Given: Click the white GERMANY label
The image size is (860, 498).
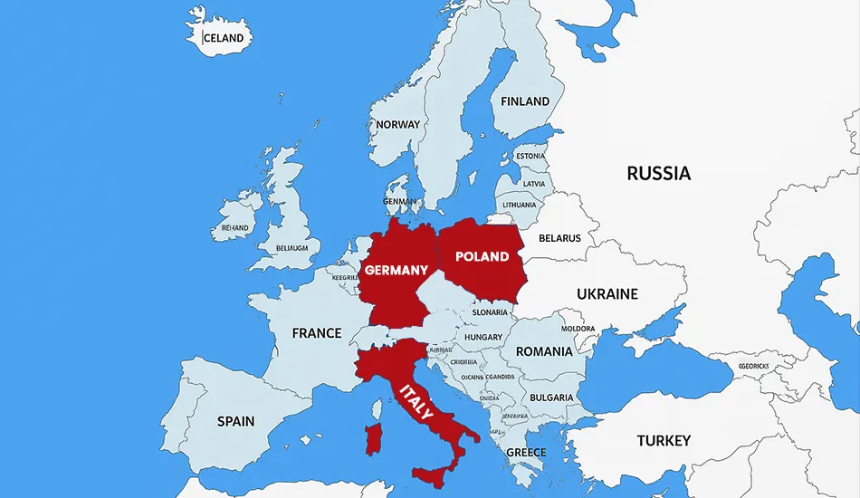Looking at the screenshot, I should pyautogui.click(x=396, y=270).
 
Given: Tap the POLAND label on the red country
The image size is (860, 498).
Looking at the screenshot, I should pyautogui.click(x=482, y=256).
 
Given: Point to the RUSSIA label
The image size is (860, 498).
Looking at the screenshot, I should pyautogui.click(x=658, y=173).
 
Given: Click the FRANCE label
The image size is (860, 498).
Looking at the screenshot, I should pyautogui.click(x=317, y=333).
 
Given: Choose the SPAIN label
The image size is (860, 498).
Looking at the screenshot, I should pyautogui.click(x=235, y=421).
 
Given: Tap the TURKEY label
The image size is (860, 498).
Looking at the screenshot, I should pyautogui.click(x=664, y=441).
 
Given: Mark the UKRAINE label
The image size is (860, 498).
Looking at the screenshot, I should pyautogui.click(x=607, y=293).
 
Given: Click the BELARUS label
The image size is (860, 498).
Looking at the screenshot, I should pyautogui.click(x=559, y=238).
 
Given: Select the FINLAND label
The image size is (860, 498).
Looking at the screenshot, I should pyautogui.click(x=525, y=101).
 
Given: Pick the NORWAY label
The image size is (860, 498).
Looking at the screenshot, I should pyautogui.click(x=398, y=124).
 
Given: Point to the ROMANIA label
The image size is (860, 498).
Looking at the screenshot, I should pyautogui.click(x=544, y=351).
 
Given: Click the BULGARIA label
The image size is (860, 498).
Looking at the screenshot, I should pyautogui.click(x=550, y=397).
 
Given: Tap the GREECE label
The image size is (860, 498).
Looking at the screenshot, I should pyautogui.click(x=526, y=452).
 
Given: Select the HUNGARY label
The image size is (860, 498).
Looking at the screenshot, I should pyautogui.click(x=483, y=337).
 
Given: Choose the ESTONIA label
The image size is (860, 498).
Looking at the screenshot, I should pyautogui.click(x=530, y=156).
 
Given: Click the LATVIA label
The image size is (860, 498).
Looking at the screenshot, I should pyautogui.click(x=534, y=183).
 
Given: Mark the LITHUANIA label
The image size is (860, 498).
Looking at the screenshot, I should pyautogui.click(x=520, y=205).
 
